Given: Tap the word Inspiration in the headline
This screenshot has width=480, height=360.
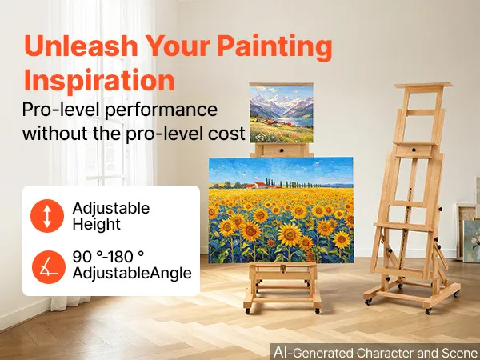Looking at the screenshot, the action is [x=99, y=80].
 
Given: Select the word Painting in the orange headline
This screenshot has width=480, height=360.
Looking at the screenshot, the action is [x=274, y=48].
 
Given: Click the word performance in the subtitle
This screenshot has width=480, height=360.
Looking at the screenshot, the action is [x=161, y=110].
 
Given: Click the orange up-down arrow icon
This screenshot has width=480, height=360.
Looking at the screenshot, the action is [x=47, y=216].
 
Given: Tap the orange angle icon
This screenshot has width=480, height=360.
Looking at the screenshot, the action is [x=49, y=267].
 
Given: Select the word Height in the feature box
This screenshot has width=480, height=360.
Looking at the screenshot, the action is [x=97, y=224].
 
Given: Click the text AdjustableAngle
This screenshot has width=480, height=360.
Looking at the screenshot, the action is [x=132, y=273].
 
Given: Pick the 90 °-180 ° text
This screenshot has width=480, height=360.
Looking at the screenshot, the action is [x=108, y=257].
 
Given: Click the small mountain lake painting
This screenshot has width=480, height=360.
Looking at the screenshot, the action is [x=282, y=114].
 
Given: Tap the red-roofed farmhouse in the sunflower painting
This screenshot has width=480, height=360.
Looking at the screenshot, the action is [x=260, y=186].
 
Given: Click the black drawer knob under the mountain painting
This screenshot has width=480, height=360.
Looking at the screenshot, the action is [x=282, y=150].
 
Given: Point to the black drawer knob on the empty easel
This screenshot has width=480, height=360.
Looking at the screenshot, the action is [x=414, y=150].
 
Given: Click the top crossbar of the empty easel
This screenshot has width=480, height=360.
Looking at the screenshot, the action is [x=423, y=86].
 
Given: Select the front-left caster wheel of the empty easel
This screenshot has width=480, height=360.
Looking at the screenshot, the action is [x=368, y=302].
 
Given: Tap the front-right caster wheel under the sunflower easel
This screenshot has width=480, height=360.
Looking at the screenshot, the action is [x=318, y=311].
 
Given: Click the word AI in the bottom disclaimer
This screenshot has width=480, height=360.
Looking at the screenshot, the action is [x=282, y=352].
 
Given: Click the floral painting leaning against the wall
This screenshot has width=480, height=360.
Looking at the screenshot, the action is [x=471, y=242].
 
